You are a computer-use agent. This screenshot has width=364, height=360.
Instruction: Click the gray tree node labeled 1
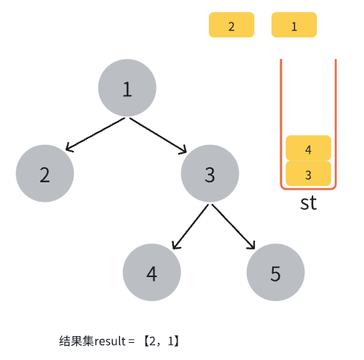tap(127, 87)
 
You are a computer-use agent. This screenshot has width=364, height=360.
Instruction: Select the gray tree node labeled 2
tap(45, 173)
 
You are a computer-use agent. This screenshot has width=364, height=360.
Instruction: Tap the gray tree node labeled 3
tap(210, 173)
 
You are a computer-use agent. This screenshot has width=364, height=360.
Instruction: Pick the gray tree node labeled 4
tap(151, 272)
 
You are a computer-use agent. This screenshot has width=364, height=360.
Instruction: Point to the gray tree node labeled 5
tap(275, 272)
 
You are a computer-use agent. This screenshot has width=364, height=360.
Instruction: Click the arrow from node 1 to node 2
tap(95, 134)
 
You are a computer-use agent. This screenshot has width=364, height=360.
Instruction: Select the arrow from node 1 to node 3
tap(158, 135)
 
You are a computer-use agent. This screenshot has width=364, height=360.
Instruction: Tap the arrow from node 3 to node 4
tap(190, 226)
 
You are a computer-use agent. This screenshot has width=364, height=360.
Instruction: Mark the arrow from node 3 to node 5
tap(233, 226)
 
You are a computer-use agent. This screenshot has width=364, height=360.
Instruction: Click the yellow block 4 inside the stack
tap(308, 148)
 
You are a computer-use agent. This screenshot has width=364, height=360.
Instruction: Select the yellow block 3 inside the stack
tap(308, 173)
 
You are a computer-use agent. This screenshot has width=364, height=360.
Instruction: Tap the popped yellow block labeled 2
tap(231, 25)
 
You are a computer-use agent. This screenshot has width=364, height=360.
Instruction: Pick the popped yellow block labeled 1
tap(294, 25)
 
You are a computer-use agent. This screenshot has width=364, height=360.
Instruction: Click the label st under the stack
tap(309, 203)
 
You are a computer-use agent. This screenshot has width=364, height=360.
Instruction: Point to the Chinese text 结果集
tap(76, 341)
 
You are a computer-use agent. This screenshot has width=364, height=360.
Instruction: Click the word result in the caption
tap(110, 341)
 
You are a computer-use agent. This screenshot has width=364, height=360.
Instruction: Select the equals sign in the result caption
tap(131, 341)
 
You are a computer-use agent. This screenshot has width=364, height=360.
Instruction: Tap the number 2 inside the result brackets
tap(152, 341)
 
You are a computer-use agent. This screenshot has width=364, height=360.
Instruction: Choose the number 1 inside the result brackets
tap(171, 341)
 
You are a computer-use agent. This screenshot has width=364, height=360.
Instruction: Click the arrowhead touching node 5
tap(252, 246)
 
